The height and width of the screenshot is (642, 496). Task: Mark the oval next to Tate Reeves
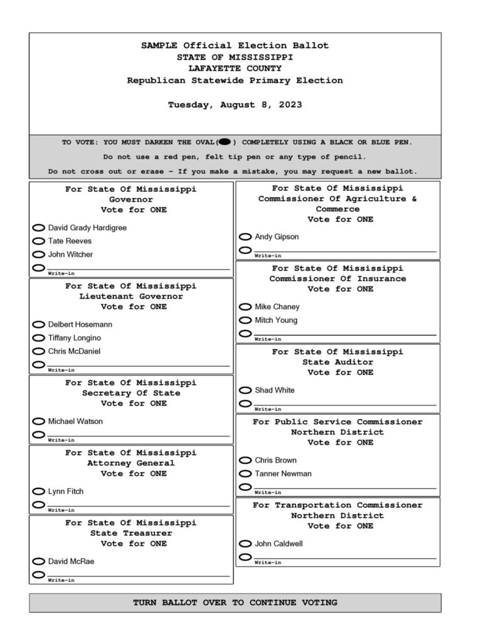(x=38, y=241)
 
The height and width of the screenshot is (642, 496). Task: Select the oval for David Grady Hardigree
(x=38, y=228)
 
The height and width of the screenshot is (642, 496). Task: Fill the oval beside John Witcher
(x=38, y=255)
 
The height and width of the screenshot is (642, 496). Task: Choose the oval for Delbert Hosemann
(x=38, y=325)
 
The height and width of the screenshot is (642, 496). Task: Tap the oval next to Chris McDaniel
(x=38, y=352)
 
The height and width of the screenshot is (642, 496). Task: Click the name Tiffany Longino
(x=74, y=338)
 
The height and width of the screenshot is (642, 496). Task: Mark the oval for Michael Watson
(x=38, y=421)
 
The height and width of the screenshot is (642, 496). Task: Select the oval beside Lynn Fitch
(x=38, y=492)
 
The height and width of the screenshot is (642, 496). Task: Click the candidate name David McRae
(x=71, y=562)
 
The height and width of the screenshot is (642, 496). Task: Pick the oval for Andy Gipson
(x=245, y=237)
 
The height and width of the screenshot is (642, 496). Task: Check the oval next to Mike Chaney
(x=245, y=307)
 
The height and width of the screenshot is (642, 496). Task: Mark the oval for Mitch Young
(x=245, y=320)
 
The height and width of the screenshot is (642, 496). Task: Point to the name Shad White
(x=274, y=391)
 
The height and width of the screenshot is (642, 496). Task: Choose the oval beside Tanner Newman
(x=245, y=474)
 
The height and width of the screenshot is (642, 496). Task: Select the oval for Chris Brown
(x=245, y=461)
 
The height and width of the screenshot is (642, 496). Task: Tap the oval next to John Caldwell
(x=245, y=544)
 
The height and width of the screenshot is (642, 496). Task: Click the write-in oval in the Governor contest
(x=38, y=268)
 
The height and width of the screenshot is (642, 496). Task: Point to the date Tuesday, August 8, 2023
(x=235, y=105)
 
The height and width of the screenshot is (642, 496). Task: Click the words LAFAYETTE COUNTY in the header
(x=235, y=68)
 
